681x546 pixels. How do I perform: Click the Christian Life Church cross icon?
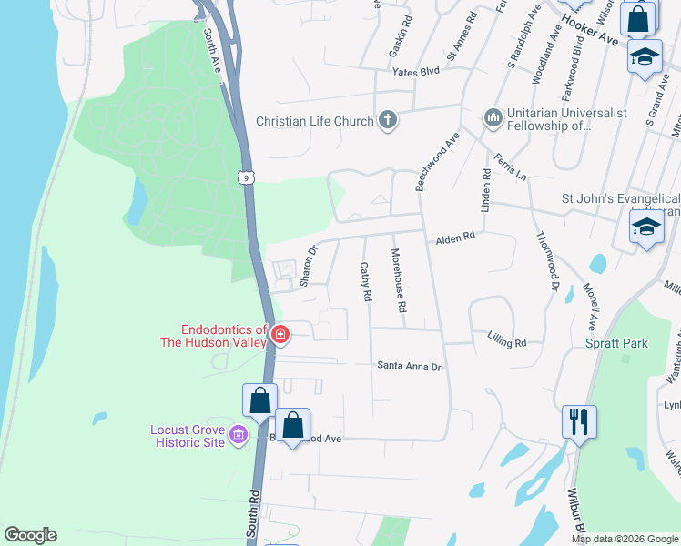[387, 120]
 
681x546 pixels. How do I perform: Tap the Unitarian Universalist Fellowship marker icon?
[493, 118]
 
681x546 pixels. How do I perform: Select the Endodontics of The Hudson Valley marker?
[280, 336]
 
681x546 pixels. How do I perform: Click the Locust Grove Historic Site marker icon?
[240, 435]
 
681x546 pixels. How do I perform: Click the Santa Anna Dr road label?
[410, 366]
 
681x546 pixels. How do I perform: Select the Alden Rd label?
[455, 238]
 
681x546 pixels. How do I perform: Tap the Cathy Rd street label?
[366, 282]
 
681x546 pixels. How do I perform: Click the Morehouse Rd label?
[397, 279]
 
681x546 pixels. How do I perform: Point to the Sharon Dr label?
[310, 263]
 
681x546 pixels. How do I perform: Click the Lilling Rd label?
[507, 342]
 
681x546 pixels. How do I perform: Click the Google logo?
[31, 535]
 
